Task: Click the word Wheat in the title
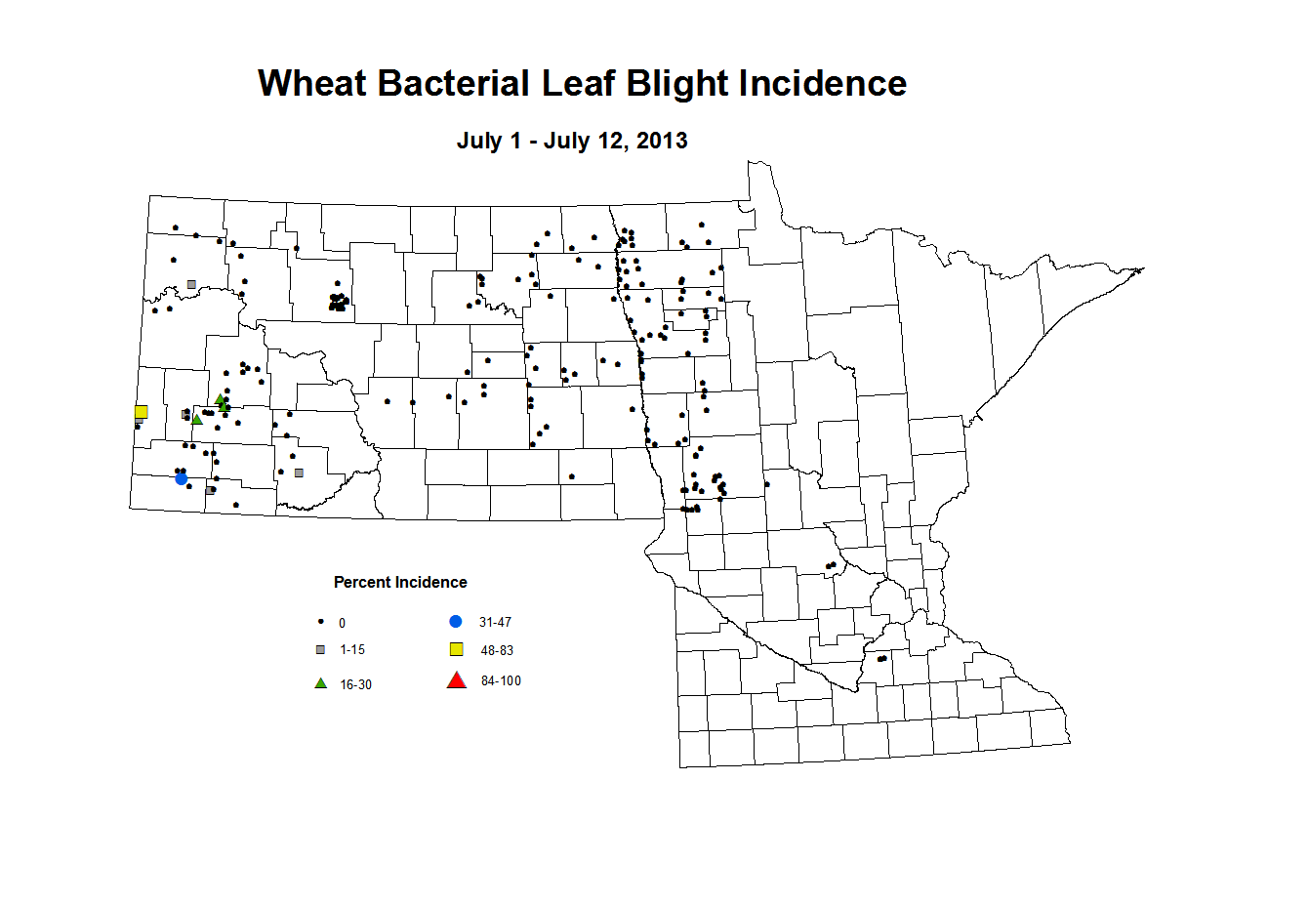pyautogui.click(x=312, y=83)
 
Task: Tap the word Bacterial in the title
pyautogui.click(x=453, y=83)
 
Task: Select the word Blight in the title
pyautogui.click(x=676, y=84)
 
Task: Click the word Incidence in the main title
pyautogui.click(x=822, y=83)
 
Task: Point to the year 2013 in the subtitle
pyautogui.click(x=662, y=141)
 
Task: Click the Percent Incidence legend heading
pyautogui.click(x=400, y=582)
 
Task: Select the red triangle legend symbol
pyautogui.click(x=457, y=680)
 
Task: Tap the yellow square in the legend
pyautogui.click(x=456, y=649)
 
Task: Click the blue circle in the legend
pyautogui.click(x=456, y=621)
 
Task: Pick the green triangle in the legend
pyautogui.click(x=320, y=683)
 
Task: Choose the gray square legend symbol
pyautogui.click(x=320, y=649)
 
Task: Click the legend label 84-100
pyautogui.click(x=501, y=680)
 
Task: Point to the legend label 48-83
pyautogui.click(x=497, y=650)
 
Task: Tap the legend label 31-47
pyautogui.click(x=495, y=622)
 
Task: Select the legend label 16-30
pyautogui.click(x=355, y=684)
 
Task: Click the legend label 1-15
pyautogui.click(x=352, y=649)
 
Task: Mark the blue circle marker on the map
pyautogui.click(x=182, y=479)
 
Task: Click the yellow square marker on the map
pyautogui.click(x=142, y=412)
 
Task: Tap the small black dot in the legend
pyautogui.click(x=320, y=622)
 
